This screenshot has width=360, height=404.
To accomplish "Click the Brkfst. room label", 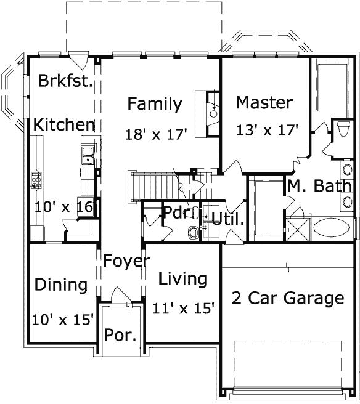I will click(x=65, y=81).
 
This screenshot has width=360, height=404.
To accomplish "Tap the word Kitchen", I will click(x=64, y=125).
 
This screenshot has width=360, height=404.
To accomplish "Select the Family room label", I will click(x=155, y=104).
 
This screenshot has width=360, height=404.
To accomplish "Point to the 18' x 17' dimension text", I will click(x=155, y=134).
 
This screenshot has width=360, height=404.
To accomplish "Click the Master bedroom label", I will click(x=264, y=102).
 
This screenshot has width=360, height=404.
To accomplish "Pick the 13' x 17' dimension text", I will click(x=268, y=130).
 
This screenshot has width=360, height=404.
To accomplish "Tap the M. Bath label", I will click(x=319, y=185).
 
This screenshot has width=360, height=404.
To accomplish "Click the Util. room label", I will click(x=227, y=218).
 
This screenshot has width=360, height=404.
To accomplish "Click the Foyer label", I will click(x=126, y=261).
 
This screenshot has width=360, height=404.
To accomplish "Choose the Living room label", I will click(x=182, y=279).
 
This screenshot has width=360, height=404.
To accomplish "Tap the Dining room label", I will click(x=60, y=285).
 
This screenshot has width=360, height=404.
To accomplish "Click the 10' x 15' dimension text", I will click(x=63, y=320).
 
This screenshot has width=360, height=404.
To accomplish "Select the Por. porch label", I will click(x=120, y=336).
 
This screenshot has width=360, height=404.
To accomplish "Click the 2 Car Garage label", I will click(x=287, y=299).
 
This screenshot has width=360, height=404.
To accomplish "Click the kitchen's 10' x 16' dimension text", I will click(x=63, y=207).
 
